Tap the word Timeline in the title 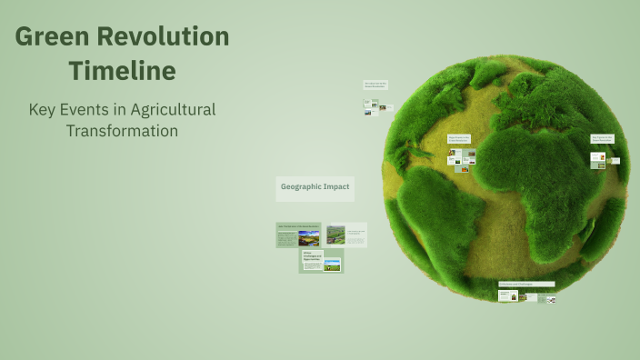click(122, 70)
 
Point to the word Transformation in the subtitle click(122, 130)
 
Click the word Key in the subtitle click(42, 109)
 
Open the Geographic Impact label click(315, 187)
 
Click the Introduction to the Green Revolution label click(375, 85)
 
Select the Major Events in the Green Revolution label click(459, 139)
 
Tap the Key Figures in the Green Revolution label click(602, 139)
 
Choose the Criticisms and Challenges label click(526, 285)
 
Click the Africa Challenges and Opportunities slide click(321, 262)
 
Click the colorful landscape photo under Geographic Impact click(309, 238)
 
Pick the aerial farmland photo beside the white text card click(336, 235)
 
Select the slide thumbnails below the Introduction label click(376, 108)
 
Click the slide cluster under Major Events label click(462, 161)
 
